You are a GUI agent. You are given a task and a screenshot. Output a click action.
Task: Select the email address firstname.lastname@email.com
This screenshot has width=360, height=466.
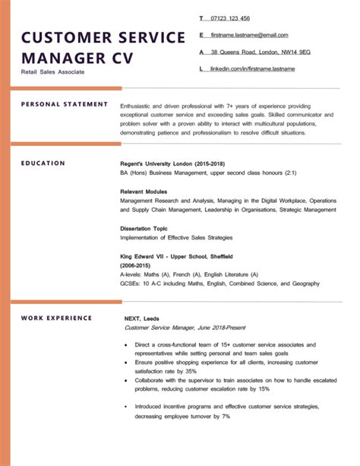coord(249,35)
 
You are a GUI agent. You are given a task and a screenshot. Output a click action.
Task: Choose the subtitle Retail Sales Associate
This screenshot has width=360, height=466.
coord(53,72)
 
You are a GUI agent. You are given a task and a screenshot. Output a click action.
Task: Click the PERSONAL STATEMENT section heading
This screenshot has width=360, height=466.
coord(65,103)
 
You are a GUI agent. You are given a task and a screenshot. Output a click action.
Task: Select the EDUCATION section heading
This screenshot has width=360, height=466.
coord(43,163)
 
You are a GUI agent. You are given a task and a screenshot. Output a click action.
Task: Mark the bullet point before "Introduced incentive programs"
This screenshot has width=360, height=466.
coord(125,407)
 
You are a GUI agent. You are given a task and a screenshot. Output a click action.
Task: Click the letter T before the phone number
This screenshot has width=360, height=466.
coord(201,17)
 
